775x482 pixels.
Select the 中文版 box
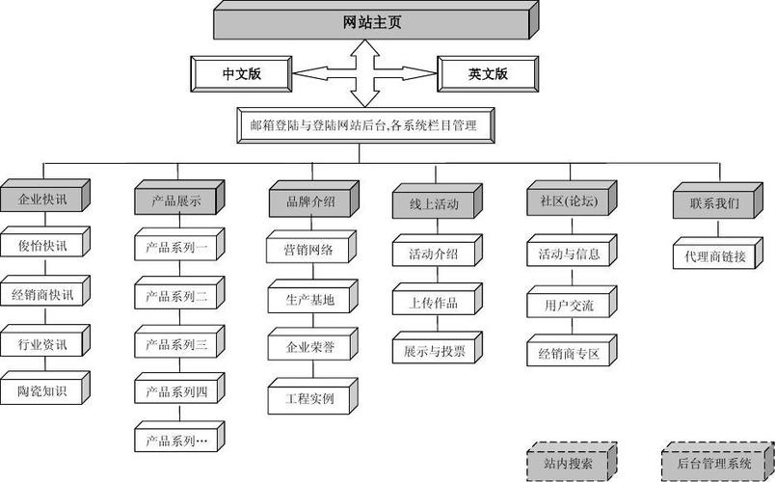(x=242, y=74)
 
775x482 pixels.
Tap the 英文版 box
(x=488, y=74)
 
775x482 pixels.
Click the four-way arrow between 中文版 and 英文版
(x=364, y=73)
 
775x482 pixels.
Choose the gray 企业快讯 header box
(x=42, y=201)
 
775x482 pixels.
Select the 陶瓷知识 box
(x=42, y=390)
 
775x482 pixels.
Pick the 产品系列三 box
(x=175, y=344)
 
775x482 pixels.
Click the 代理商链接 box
(x=714, y=256)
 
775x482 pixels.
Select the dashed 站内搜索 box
(x=568, y=463)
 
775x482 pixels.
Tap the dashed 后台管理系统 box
(x=714, y=463)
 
